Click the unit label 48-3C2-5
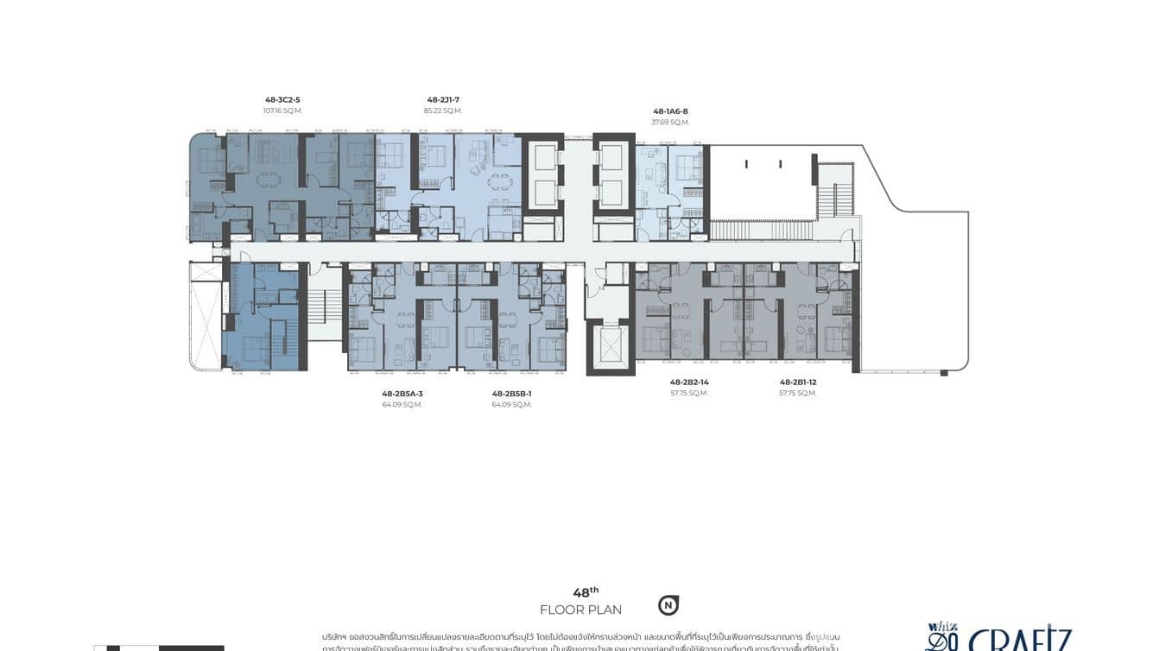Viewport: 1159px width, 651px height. point(282,100)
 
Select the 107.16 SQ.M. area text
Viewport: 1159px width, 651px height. point(282,111)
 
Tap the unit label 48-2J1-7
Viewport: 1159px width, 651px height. point(443,100)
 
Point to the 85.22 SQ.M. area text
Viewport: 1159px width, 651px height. point(443,111)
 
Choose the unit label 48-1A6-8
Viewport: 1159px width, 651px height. point(670,111)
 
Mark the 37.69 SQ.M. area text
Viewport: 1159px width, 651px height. point(670,123)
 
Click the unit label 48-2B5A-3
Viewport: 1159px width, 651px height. point(402,394)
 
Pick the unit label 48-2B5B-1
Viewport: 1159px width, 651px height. point(512,394)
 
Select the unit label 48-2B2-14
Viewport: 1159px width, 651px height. point(689,382)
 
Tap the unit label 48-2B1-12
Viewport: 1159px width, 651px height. point(798,382)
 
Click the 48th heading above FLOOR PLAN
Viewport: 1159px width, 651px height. point(585,592)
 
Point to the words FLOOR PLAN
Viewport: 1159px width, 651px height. point(580,610)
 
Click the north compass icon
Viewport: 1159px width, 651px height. point(668,605)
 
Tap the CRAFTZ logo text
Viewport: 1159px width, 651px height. point(1019,641)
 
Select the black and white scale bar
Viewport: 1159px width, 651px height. point(159,648)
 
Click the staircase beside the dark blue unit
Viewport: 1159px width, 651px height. point(325,306)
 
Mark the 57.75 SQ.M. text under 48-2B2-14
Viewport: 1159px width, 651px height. point(689,393)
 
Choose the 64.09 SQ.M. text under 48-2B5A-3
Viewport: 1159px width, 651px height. point(402,405)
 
